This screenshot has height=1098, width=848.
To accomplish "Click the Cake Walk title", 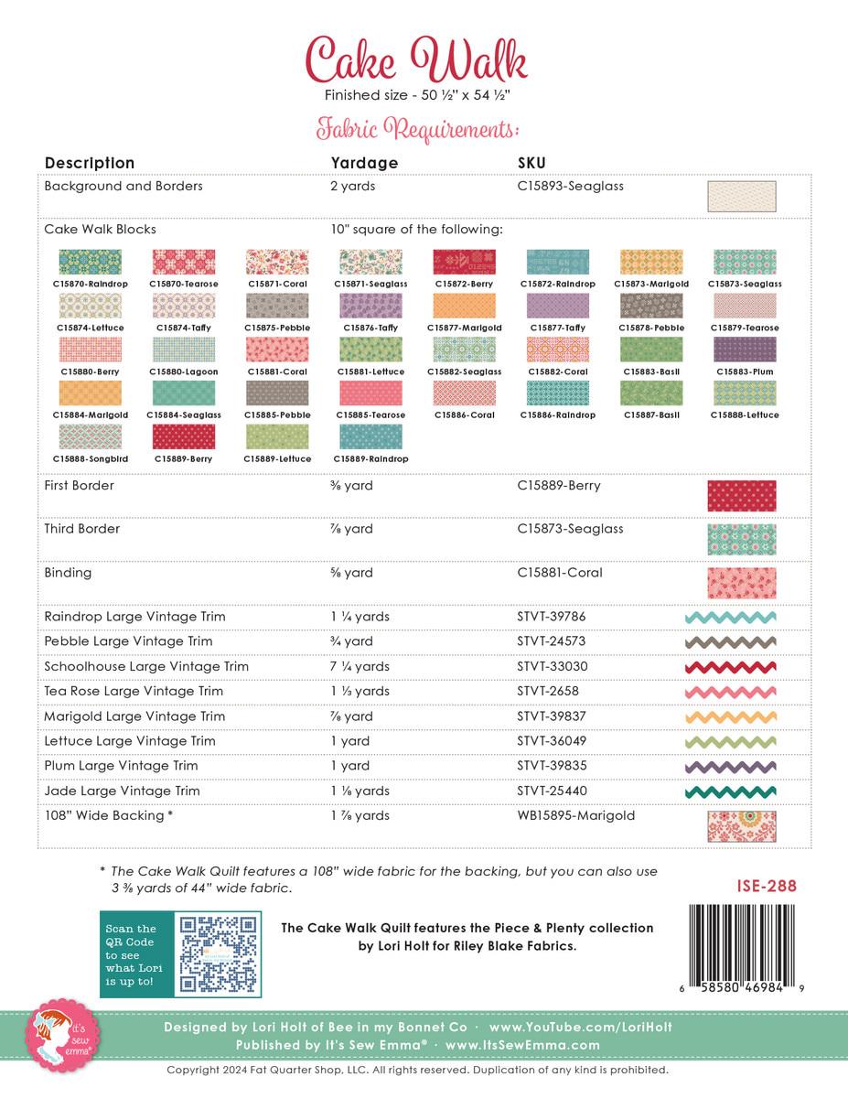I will click(416, 60).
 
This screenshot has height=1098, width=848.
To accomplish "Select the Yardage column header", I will click(364, 163).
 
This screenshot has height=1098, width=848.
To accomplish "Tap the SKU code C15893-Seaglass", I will click(570, 186).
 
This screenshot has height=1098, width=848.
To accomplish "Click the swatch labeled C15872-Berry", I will click(464, 263).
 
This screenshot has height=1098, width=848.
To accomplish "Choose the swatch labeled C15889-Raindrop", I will click(370, 436).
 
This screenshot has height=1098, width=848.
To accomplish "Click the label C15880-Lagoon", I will click(184, 371).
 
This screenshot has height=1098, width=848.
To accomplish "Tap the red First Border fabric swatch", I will click(741, 495).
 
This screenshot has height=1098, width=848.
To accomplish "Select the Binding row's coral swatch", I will click(741, 583).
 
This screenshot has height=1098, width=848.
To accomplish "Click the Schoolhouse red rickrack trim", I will click(731, 667).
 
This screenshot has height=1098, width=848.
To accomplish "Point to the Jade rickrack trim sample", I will click(731, 791).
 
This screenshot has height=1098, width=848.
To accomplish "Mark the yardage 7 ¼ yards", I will click(360, 666).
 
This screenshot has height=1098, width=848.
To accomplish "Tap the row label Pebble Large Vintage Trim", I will click(128, 641).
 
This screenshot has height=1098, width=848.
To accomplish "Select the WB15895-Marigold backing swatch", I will click(741, 825).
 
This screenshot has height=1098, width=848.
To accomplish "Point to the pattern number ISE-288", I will click(766, 886).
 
